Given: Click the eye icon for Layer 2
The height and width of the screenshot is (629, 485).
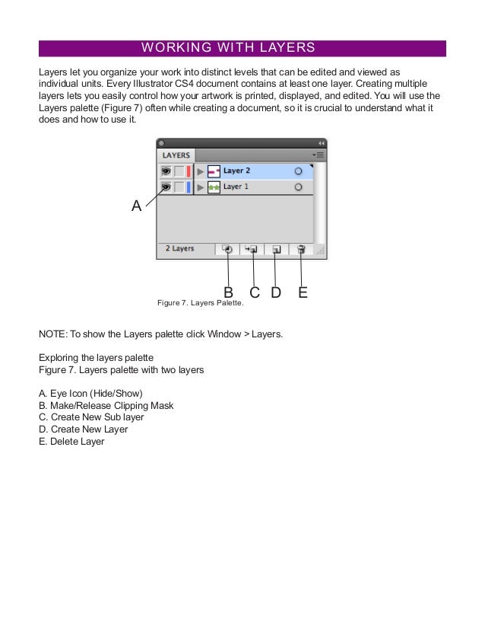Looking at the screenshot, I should [166, 171].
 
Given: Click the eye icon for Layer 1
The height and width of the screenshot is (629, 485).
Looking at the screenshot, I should [166, 187].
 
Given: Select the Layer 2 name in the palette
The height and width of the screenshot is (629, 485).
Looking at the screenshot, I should [236, 171].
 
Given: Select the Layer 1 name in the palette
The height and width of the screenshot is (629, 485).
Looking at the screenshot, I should [236, 187].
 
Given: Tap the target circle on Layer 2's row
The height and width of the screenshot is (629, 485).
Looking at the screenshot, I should [298, 171].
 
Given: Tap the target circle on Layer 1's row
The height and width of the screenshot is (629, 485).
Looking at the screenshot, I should [298, 187].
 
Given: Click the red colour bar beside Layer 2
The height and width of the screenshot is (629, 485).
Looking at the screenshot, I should [189, 171].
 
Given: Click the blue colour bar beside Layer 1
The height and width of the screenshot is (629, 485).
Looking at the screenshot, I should [189, 187].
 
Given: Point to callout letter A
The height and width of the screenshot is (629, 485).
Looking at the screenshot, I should [136, 206].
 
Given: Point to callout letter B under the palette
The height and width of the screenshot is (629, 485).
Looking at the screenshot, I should [228, 292].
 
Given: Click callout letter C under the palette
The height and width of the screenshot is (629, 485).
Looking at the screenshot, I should [255, 292].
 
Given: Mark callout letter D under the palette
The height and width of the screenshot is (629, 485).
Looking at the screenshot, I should [276, 292].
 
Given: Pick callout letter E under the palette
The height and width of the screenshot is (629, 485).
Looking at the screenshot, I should [303, 292].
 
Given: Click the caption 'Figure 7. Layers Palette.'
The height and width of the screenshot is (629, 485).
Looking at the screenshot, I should [200, 303].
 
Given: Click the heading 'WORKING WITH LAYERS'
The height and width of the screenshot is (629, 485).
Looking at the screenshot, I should [228, 48].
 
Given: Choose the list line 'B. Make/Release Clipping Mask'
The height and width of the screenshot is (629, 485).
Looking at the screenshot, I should [106, 405].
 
